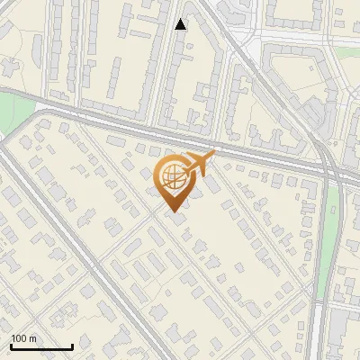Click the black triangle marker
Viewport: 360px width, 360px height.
coord(181,24)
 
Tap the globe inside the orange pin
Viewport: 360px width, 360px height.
coord(173,176)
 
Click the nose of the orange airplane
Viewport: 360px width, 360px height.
coord(214,155)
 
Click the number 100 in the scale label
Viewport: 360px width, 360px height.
coord(19,338)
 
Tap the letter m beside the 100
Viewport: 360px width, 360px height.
coord(32,338)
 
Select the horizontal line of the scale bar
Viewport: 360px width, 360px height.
coord(41,347)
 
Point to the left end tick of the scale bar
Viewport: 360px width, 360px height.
coord(11,346)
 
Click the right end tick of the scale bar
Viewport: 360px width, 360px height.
coord(72,346)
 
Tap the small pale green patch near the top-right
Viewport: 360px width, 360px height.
coord(293,72)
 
